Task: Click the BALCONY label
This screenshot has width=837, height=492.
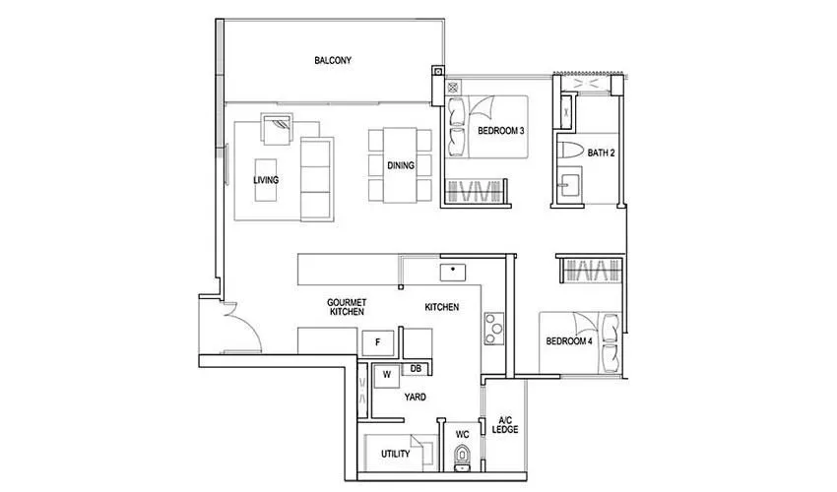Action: (x=333, y=61)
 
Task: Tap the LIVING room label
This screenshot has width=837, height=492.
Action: (x=265, y=181)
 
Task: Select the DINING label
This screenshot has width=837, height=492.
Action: (x=401, y=165)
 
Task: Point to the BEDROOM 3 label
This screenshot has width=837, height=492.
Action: (x=500, y=131)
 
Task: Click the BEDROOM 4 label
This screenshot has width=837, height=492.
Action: (x=570, y=341)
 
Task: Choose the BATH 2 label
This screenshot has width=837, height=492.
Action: (x=601, y=153)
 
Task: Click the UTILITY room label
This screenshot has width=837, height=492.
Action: (x=395, y=454)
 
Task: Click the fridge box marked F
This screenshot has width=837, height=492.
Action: (x=378, y=342)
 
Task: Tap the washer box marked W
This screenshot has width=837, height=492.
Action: (x=386, y=374)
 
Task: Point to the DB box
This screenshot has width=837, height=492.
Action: (x=416, y=369)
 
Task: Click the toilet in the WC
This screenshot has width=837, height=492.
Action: (x=463, y=457)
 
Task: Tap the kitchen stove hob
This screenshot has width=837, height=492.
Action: (x=492, y=325)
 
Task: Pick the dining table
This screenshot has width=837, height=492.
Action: (x=401, y=165)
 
